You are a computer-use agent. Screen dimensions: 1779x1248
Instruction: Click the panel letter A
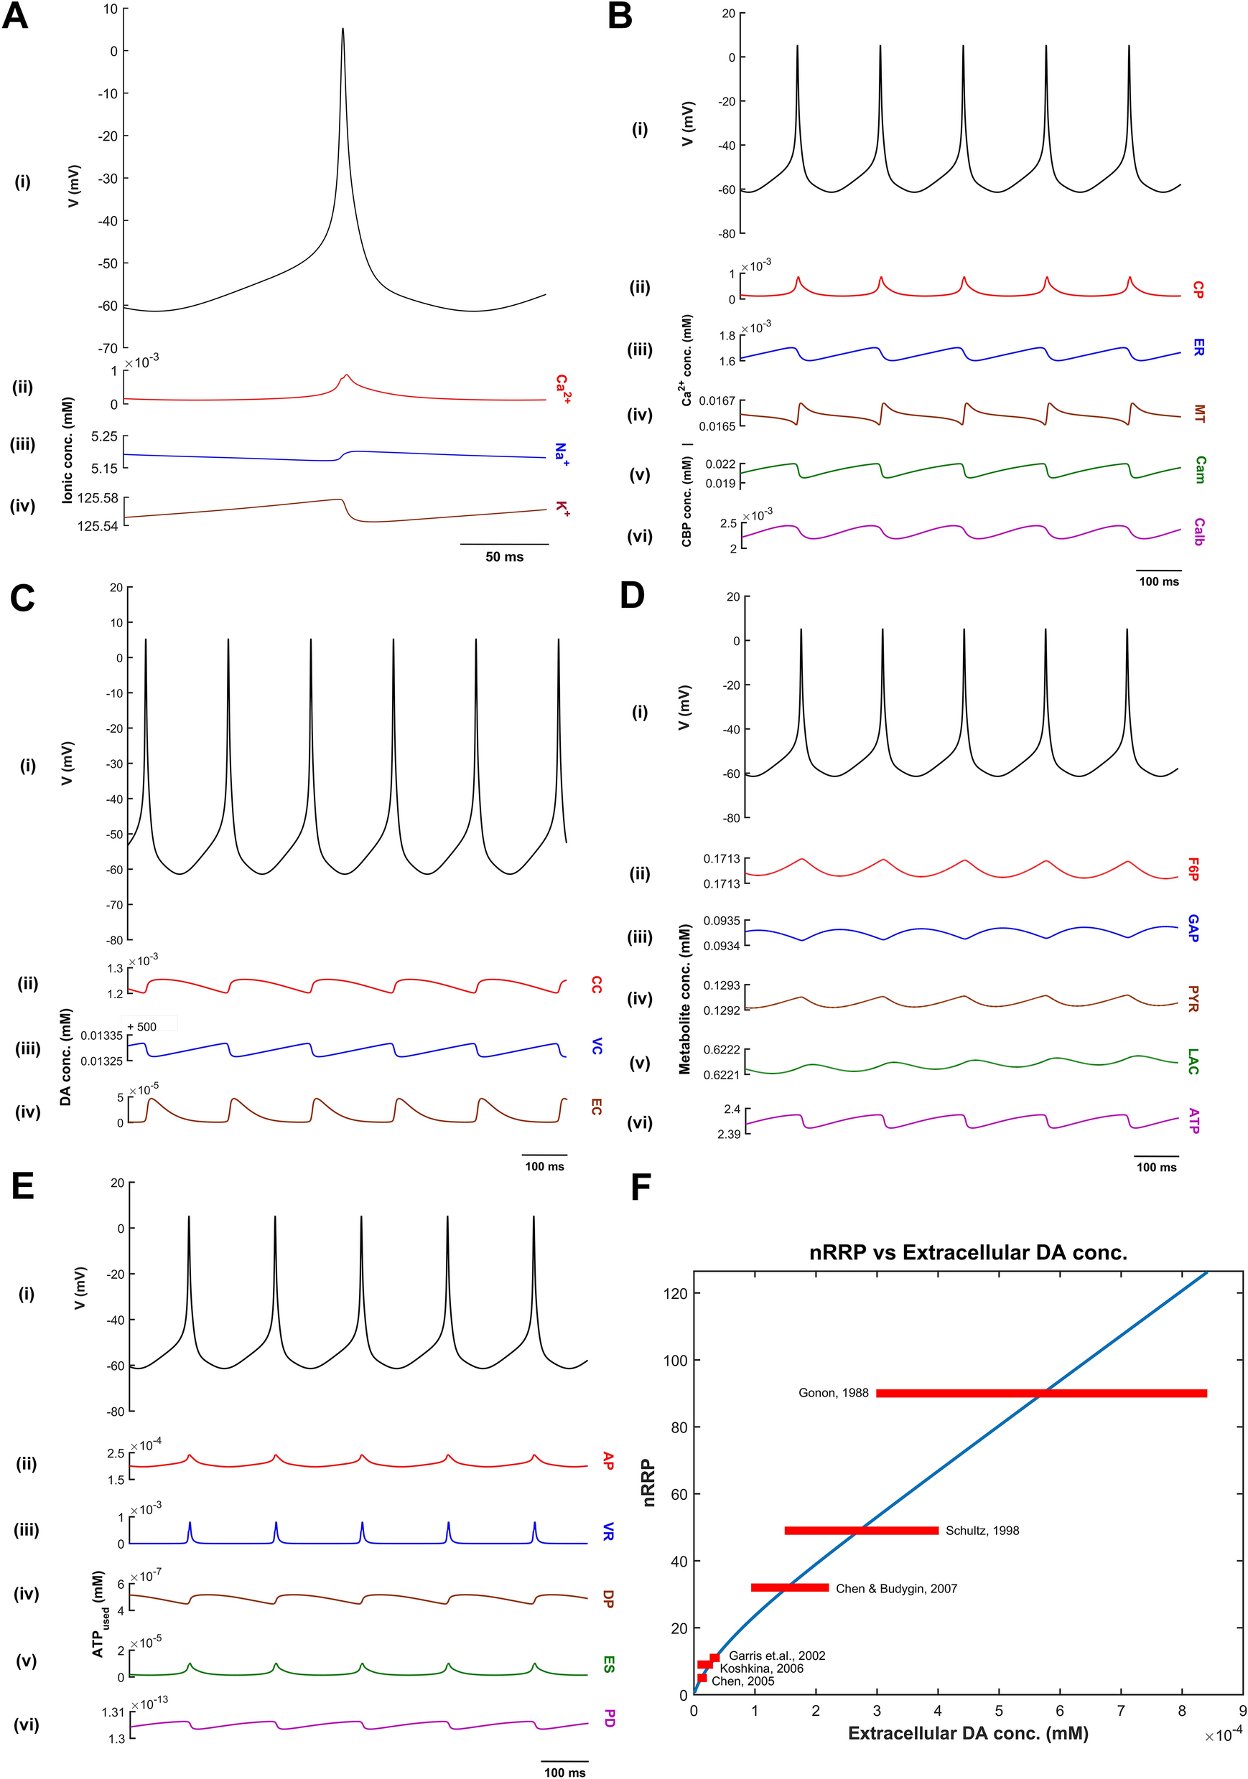16,17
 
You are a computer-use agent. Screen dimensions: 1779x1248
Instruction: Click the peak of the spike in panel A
343,29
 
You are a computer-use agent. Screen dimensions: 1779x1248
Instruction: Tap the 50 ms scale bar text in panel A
504,556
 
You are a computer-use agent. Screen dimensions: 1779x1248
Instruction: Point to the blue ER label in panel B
1198,347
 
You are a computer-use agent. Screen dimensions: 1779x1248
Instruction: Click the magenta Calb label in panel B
1198,532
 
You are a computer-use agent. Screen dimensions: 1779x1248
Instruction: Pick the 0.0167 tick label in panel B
717,401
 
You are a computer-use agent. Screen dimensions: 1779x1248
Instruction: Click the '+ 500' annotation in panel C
143,1027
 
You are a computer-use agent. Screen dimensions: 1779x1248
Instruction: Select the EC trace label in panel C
595,1107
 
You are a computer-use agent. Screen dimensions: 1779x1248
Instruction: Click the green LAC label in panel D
1193,1061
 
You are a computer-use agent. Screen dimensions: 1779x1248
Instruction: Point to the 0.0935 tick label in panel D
721,921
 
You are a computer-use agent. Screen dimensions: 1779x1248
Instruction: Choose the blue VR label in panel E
608,1531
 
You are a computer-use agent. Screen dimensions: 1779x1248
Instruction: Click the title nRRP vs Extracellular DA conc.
967,1252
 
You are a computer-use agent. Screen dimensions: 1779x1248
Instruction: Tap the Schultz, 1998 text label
982,1530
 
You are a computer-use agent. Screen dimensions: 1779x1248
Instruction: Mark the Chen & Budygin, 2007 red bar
790,1587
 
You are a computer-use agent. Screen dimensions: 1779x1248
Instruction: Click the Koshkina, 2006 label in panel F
761,1668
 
